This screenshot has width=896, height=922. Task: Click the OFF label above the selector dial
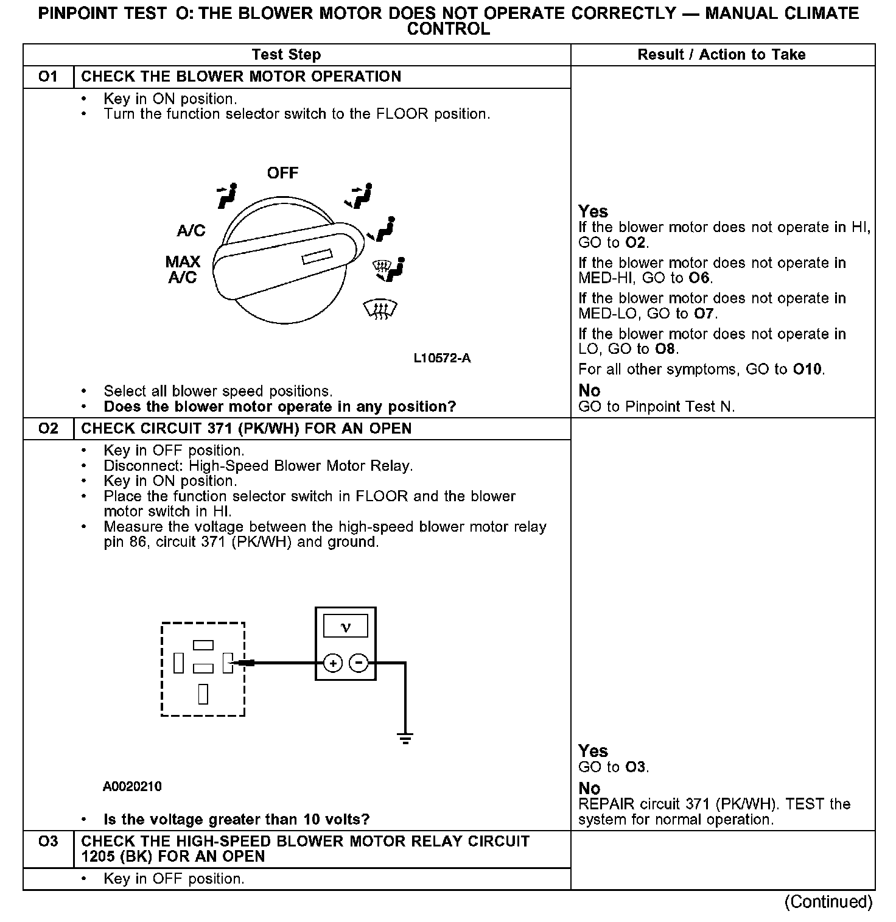pos(282,173)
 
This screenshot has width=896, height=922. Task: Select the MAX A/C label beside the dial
pos(183,270)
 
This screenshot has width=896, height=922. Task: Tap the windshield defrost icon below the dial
pos(380,310)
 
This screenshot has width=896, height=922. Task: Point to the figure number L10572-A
pos(442,358)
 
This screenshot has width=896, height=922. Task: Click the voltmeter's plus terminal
pos(332,663)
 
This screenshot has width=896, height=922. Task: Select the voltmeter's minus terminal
pos(359,663)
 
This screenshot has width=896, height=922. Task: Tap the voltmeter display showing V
pos(345,626)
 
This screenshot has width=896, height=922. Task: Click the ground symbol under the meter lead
pos(405,738)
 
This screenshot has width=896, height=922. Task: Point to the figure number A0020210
pos(132,787)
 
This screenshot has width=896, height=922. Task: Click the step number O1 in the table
pos(48,77)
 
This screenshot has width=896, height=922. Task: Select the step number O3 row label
pos(48,842)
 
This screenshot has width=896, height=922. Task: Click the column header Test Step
pos(286,55)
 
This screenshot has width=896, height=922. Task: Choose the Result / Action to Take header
pos(721,55)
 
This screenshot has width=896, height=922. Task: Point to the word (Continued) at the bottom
pos(828,901)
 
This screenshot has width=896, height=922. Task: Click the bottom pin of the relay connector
pos(203,694)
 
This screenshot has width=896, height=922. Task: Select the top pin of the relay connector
pos(203,645)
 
